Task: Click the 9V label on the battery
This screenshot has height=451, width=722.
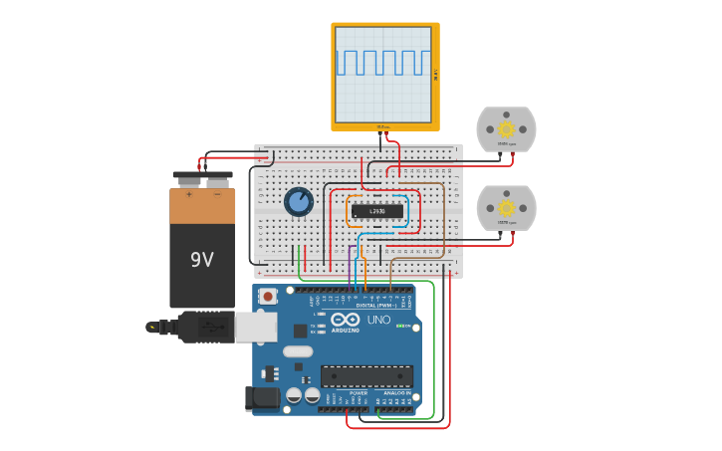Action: point(202,260)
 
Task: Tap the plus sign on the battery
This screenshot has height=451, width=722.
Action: point(189,194)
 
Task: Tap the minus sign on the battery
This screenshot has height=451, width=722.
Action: point(217,194)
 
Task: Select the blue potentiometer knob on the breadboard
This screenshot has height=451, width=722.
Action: point(299,202)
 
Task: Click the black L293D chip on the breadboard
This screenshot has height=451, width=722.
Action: point(377,211)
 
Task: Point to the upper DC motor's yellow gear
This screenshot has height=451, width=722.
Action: point(506,128)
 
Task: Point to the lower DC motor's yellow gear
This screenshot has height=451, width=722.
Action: point(506,207)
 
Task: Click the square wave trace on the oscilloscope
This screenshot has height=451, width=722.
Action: point(384,62)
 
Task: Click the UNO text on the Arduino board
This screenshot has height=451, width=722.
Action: point(379,320)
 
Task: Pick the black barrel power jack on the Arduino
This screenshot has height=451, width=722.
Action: point(263,398)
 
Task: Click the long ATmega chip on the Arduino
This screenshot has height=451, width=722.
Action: point(366,376)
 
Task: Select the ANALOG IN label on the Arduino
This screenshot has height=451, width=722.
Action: point(395,393)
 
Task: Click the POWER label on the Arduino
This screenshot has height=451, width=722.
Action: point(359,393)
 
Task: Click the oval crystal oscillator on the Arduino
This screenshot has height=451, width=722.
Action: point(297,350)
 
